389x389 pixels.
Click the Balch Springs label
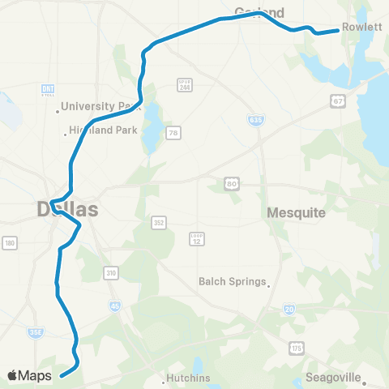233,282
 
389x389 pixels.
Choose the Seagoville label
336,378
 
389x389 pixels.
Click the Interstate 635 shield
254,119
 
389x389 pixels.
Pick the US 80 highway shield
233,185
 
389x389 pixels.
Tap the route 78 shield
173,132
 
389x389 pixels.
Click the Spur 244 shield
184,84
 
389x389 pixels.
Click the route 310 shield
111,273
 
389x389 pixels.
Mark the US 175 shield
296,346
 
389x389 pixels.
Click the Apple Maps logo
30,375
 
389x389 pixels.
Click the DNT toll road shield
46,89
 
